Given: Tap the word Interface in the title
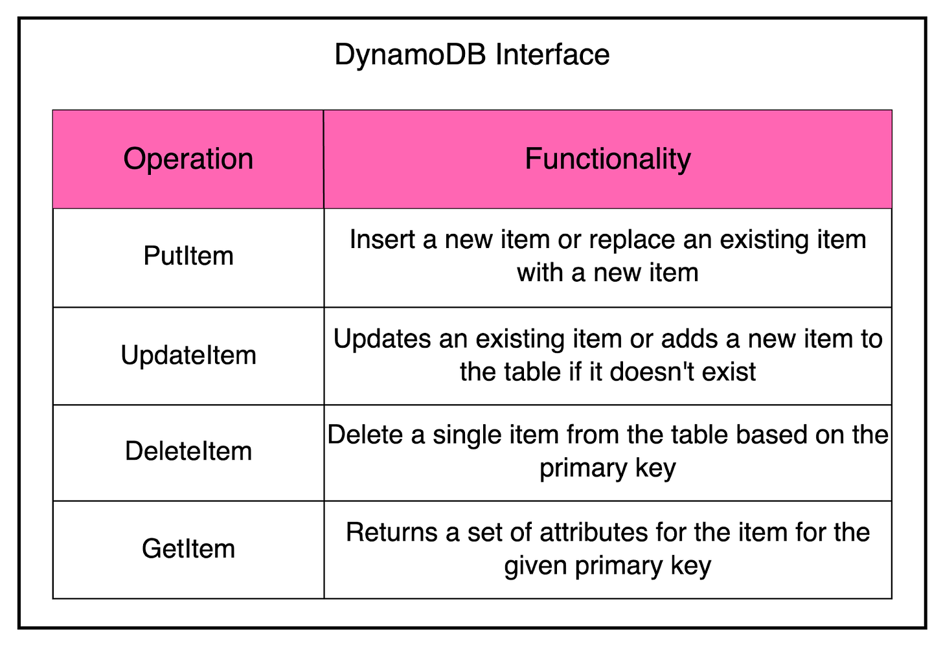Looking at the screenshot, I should pyautogui.click(x=552, y=55).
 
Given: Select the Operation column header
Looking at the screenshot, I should pyautogui.click(x=188, y=159).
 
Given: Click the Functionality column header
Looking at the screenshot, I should pyautogui.click(x=608, y=159).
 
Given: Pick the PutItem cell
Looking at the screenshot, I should pyautogui.click(x=188, y=256).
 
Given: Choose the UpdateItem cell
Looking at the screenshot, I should pyautogui.click(x=188, y=356).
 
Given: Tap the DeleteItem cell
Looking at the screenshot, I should pyautogui.click(x=188, y=451).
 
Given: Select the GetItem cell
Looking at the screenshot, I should pyautogui.click(x=188, y=549).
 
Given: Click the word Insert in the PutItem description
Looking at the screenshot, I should pyautogui.click(x=382, y=240).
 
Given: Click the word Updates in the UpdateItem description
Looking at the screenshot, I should pyautogui.click(x=381, y=339).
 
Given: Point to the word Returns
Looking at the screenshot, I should pyautogui.click(x=391, y=533).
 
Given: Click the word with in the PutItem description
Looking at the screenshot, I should pyautogui.click(x=539, y=273).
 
